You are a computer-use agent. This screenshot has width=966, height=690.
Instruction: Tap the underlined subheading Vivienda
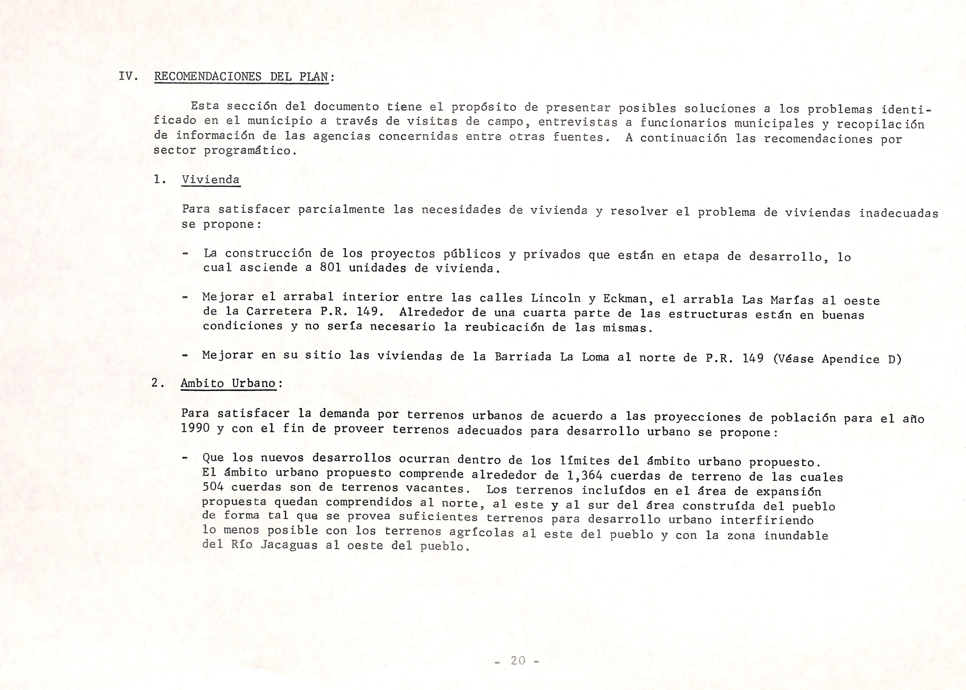click(x=211, y=180)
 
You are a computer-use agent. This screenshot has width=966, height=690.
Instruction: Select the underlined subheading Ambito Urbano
click(x=229, y=383)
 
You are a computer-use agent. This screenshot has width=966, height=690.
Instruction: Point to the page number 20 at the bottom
click(x=518, y=661)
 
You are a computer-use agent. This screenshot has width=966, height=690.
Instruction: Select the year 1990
click(x=195, y=428)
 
